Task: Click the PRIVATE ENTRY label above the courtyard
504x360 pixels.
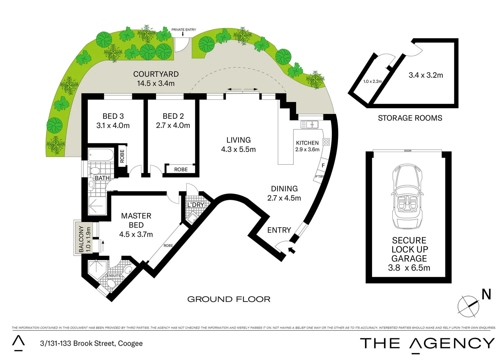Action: [184, 30]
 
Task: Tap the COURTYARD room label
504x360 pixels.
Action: [156, 74]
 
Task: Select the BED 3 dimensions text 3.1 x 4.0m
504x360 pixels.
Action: [113, 126]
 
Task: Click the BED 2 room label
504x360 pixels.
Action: [173, 116]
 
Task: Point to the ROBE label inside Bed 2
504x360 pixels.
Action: [181, 169]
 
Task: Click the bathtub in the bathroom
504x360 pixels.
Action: [101, 155]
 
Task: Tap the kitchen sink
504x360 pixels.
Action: [310, 125]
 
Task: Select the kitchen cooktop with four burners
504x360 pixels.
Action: [326, 142]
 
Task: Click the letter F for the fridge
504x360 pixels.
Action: [323, 165]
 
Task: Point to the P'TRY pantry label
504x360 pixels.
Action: [319, 177]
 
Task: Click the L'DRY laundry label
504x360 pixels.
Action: [196, 205]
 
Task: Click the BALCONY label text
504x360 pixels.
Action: [81, 239]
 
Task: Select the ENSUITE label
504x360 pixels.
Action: [114, 276]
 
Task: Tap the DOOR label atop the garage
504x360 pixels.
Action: [408, 151]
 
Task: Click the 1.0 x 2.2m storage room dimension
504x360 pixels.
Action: [372, 81]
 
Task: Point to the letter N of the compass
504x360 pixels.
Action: [486, 294]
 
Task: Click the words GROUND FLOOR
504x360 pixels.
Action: [229, 299]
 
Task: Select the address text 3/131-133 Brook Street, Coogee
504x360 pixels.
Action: [91, 343]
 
